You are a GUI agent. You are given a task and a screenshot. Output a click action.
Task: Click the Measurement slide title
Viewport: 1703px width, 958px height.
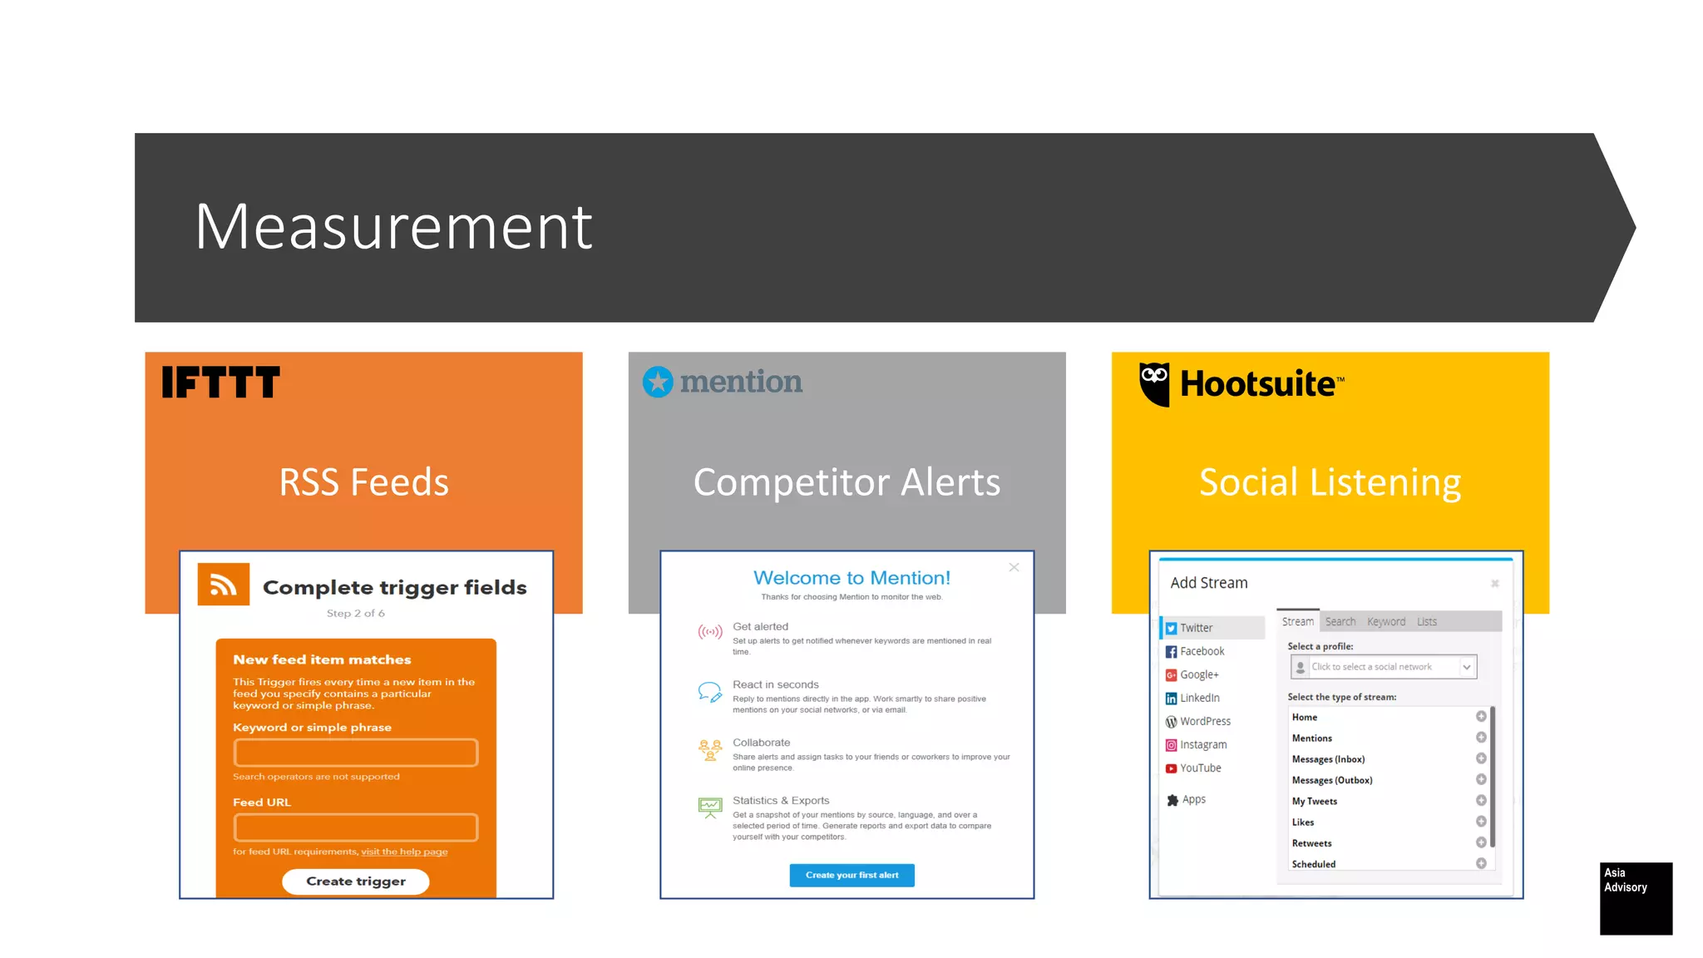pos(393,226)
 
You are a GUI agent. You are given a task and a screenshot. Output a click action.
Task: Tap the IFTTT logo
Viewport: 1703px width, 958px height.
pos(220,383)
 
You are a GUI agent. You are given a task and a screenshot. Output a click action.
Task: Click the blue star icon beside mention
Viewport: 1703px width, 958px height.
pos(658,382)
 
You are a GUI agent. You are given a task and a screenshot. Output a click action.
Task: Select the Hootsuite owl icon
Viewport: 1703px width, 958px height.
pos(1154,383)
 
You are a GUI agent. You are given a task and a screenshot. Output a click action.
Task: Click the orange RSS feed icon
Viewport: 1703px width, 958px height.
pos(223,585)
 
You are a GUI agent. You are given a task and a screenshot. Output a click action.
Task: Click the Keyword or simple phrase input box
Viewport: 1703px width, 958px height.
pos(356,753)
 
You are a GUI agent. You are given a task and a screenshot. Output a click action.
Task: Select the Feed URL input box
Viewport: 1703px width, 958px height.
pos(356,827)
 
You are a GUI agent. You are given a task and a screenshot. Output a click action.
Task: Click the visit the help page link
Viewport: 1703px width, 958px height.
pos(404,852)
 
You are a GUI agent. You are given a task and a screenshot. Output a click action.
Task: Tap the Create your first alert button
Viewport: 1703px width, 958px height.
pos(851,875)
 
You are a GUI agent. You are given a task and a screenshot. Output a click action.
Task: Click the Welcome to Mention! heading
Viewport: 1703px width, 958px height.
pos(851,578)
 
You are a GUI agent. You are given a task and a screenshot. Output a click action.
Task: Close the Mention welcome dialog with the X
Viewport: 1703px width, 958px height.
pos(1014,567)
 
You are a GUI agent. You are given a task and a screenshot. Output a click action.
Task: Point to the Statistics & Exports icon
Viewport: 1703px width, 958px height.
pos(710,807)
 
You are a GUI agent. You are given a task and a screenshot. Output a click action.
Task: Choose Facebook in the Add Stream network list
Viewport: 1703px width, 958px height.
pos(1202,651)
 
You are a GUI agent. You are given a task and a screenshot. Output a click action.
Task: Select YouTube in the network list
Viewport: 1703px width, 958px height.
pos(1200,768)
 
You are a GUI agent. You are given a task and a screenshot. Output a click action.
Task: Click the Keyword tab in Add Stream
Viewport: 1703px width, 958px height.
pos(1385,621)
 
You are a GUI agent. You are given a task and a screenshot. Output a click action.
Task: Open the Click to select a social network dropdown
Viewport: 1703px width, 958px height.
pos(1383,667)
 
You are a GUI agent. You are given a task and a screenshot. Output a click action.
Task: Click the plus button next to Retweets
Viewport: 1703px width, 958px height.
pos(1481,842)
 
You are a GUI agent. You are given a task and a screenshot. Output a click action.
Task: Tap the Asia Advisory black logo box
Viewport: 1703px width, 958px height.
pos(1636,898)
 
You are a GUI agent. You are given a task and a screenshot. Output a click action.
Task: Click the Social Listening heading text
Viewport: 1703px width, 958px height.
pos(1330,482)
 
